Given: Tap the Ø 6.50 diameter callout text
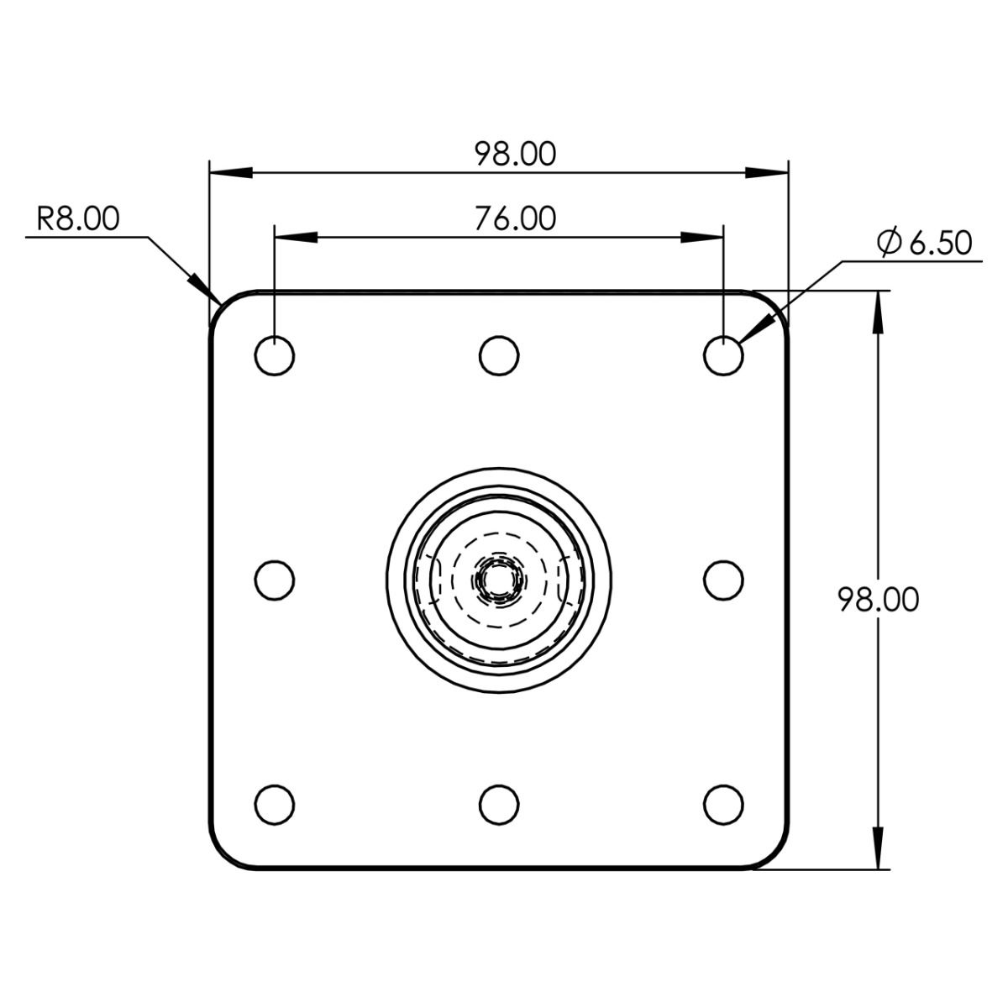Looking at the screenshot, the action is click(x=925, y=243).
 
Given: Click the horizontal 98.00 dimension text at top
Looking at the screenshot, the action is click(x=515, y=155).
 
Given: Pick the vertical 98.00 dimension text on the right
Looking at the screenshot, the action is click(x=879, y=600).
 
